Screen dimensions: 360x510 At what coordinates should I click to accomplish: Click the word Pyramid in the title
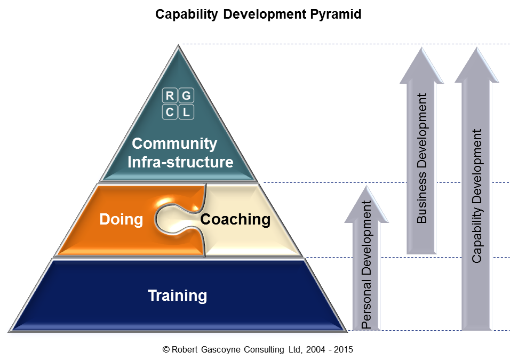point(335,14)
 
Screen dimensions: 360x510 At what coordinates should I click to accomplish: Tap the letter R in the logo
point(170,96)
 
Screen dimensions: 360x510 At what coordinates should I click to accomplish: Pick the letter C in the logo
point(170,112)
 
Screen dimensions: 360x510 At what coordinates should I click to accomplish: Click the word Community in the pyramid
point(174,143)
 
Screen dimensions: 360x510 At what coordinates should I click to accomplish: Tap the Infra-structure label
point(180,162)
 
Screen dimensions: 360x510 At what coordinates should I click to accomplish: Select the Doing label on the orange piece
point(121,219)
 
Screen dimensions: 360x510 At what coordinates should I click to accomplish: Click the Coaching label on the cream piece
point(235,219)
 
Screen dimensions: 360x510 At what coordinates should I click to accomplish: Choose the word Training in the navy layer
point(177,295)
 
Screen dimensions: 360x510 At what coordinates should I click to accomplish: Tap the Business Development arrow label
point(422,158)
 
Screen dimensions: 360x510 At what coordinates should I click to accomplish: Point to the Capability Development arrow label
point(477,196)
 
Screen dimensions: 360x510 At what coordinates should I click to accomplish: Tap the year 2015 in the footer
point(342,350)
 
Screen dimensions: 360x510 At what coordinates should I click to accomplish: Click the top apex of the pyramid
point(178,47)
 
